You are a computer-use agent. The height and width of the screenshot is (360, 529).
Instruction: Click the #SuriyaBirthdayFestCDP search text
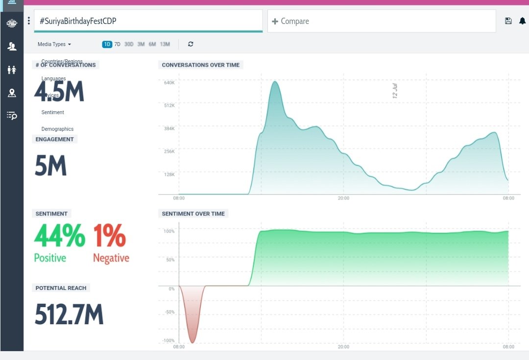78,21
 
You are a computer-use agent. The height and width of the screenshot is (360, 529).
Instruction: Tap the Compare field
294,21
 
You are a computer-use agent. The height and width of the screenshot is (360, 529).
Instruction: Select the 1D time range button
107,44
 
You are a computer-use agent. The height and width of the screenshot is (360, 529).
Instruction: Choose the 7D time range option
118,44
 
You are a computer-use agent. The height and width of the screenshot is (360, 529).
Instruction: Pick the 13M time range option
165,44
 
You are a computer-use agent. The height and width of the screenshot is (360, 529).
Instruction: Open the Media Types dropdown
54,44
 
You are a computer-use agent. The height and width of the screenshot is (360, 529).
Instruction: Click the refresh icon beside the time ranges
191,44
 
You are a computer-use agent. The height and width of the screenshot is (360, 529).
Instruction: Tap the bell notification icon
522,21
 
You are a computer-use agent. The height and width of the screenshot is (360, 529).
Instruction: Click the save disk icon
508,21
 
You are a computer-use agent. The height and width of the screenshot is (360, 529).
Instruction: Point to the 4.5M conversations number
59,92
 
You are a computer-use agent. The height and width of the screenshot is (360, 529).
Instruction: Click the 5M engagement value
50,166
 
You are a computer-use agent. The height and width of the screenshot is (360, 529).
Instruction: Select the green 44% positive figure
59,236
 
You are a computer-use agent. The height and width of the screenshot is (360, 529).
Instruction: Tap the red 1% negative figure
109,236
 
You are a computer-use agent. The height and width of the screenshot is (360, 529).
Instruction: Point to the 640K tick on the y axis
169,82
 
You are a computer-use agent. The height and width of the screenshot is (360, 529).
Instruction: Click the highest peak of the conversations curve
275,82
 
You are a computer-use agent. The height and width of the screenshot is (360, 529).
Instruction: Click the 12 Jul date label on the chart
395,91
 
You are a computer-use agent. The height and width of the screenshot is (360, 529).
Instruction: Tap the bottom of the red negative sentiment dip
192,342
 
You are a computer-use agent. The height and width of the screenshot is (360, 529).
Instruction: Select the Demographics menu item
57,129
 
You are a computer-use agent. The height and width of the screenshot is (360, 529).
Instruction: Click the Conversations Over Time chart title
201,65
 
